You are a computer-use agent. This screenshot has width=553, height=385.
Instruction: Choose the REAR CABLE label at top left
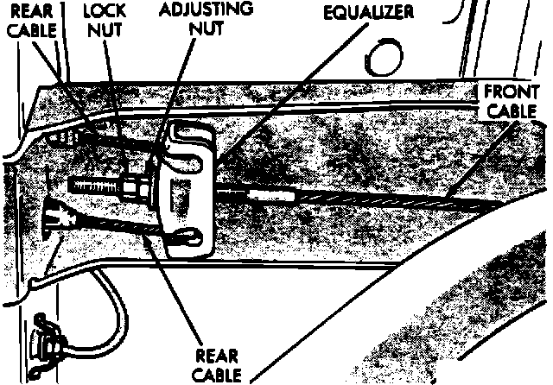(x=29, y=21)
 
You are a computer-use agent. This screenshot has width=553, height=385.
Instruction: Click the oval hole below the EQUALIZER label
(x=383, y=57)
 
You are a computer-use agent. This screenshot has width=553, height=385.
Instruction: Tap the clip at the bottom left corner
(x=45, y=337)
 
